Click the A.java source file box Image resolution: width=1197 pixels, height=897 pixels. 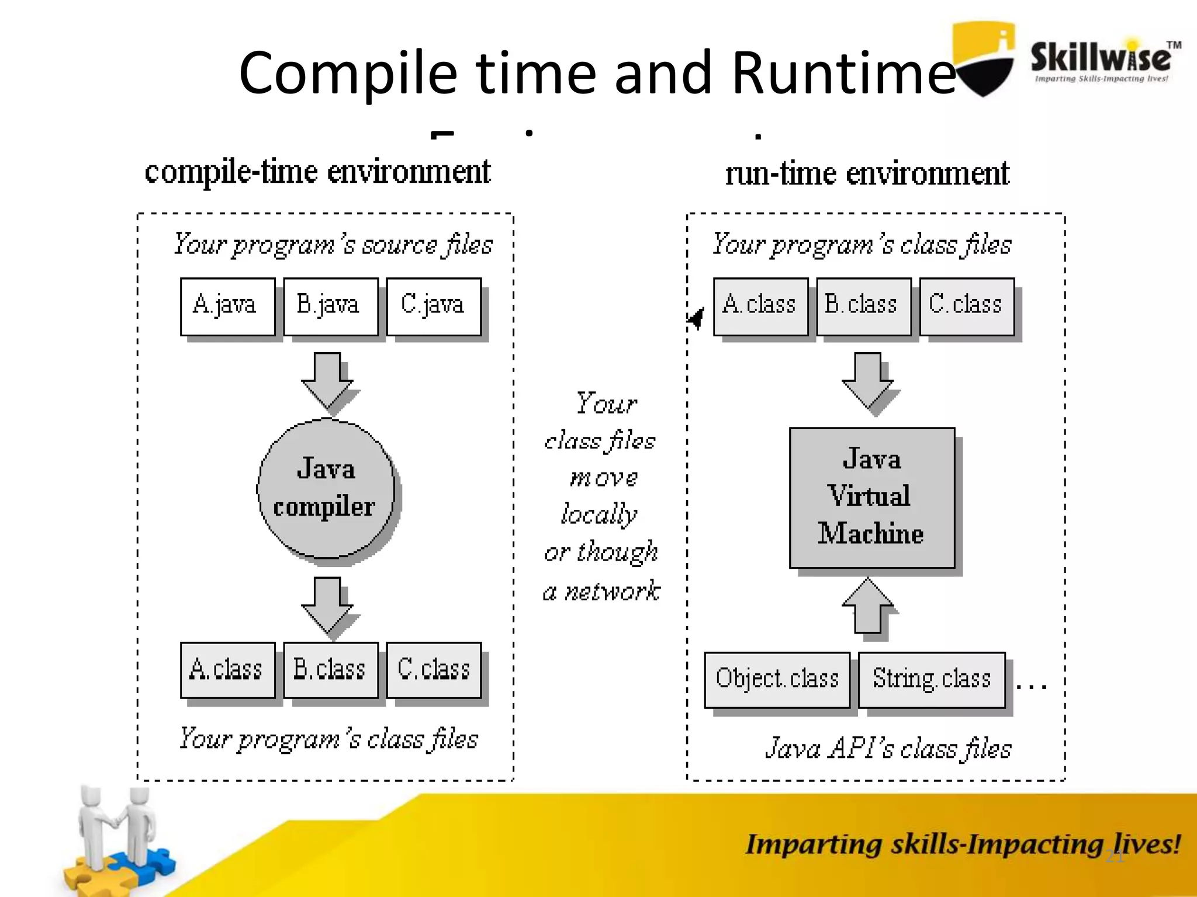[x=227, y=307]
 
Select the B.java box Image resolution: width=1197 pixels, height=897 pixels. [x=330, y=307]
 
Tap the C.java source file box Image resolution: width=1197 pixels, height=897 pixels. [x=434, y=307]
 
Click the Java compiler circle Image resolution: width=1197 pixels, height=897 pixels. [x=326, y=488]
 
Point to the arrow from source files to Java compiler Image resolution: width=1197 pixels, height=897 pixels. [x=327, y=380]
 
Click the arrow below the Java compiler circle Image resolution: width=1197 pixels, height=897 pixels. [x=327, y=605]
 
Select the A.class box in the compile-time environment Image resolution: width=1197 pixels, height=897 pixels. [x=227, y=670]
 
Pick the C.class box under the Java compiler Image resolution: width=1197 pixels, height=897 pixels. [x=434, y=670]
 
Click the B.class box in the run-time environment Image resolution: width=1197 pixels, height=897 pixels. [x=863, y=307]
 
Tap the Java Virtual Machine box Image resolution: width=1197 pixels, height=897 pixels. [x=871, y=498]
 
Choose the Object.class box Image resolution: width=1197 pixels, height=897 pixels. [x=777, y=680]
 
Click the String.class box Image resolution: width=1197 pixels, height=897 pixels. [x=932, y=680]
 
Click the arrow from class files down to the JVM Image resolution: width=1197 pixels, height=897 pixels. [x=868, y=380]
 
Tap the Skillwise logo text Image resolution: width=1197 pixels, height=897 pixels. [x=1101, y=58]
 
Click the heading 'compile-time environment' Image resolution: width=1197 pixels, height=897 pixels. [x=317, y=172]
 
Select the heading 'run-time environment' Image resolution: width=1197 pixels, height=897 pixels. [x=867, y=173]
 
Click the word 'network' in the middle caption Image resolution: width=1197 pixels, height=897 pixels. [x=613, y=592]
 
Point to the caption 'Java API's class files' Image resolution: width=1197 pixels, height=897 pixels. [x=888, y=749]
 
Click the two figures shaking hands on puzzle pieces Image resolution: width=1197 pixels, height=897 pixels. [x=117, y=841]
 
